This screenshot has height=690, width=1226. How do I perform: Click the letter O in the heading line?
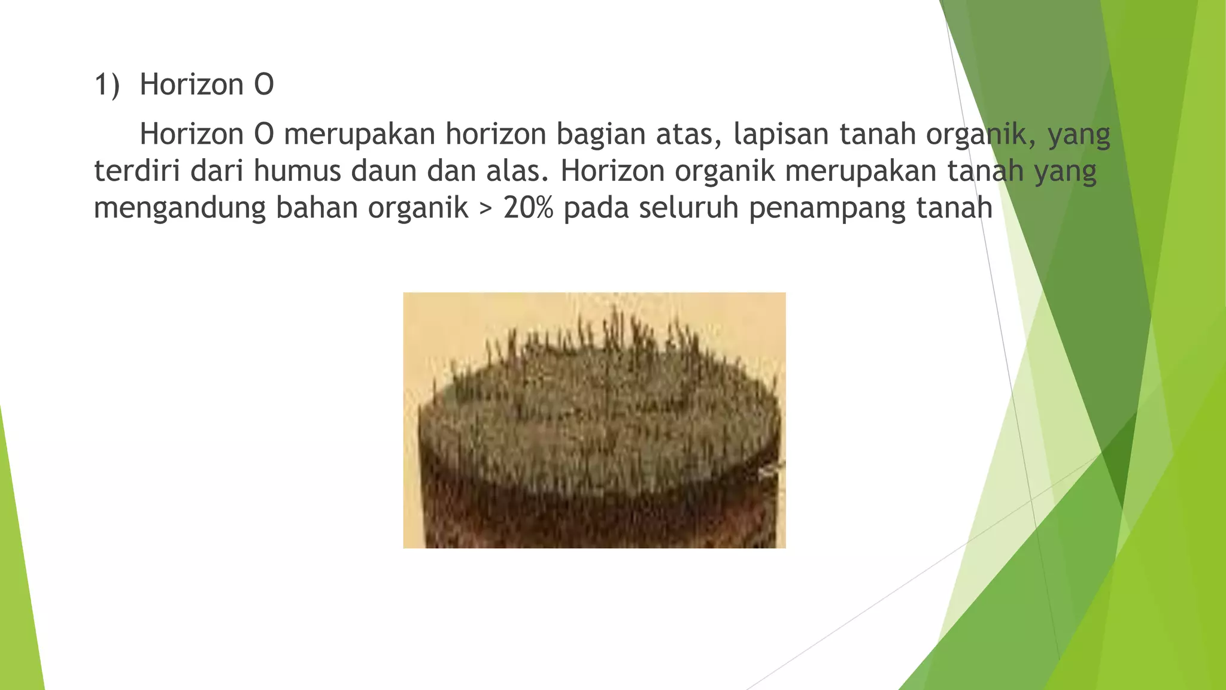(x=264, y=85)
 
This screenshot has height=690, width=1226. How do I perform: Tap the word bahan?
(x=317, y=208)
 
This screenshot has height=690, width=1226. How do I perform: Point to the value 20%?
(x=529, y=208)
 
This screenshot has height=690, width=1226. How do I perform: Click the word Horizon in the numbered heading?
(x=192, y=85)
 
